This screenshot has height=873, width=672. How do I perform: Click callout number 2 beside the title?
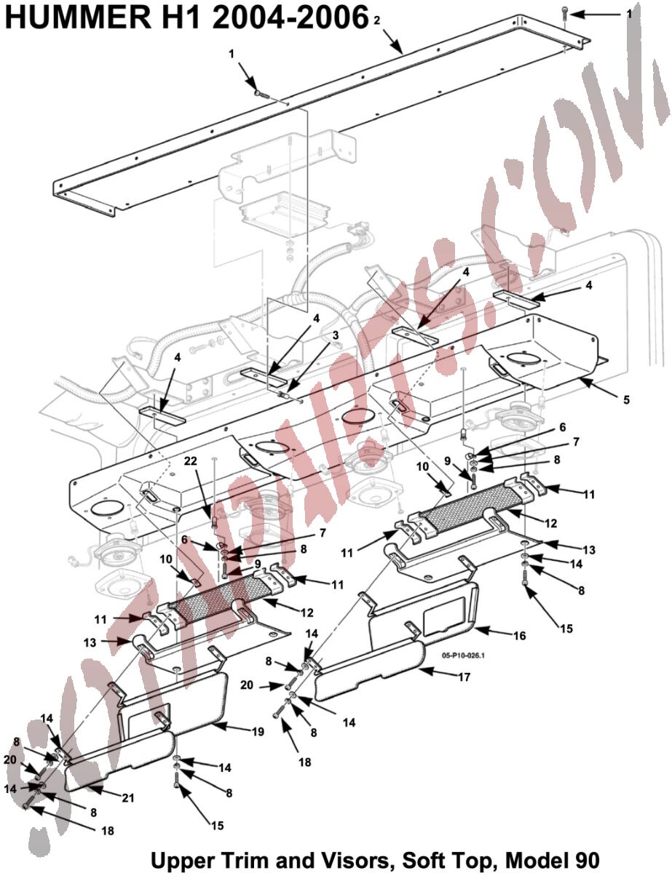click(376, 20)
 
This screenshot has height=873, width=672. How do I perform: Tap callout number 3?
click(335, 335)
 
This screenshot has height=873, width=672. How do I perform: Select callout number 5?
click(625, 399)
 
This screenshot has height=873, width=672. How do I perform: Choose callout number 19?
click(258, 733)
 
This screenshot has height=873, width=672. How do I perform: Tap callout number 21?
click(128, 797)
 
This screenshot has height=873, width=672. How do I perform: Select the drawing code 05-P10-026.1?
click(463, 655)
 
